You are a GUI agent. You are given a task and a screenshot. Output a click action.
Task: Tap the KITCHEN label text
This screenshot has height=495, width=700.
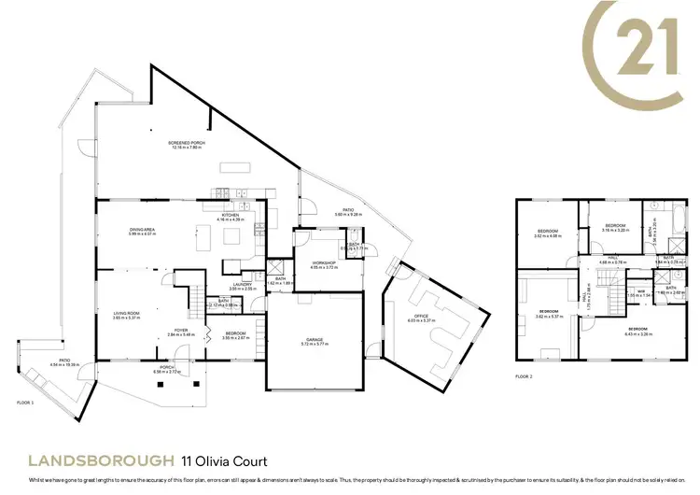click(x=230, y=215)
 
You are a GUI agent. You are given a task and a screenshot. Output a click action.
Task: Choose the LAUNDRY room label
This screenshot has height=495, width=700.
click(x=242, y=285)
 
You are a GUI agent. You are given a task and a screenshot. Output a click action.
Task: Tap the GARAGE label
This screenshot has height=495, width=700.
click(x=313, y=340)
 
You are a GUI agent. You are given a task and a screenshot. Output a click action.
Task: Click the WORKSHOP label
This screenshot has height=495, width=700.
click(x=324, y=262)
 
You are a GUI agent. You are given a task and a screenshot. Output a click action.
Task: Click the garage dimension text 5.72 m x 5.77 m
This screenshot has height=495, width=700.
click(x=313, y=345)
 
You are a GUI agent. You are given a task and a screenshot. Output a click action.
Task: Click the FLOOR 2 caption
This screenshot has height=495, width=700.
click(x=524, y=377)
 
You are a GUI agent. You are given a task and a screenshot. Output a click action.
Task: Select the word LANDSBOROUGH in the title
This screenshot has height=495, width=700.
click(x=102, y=461)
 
